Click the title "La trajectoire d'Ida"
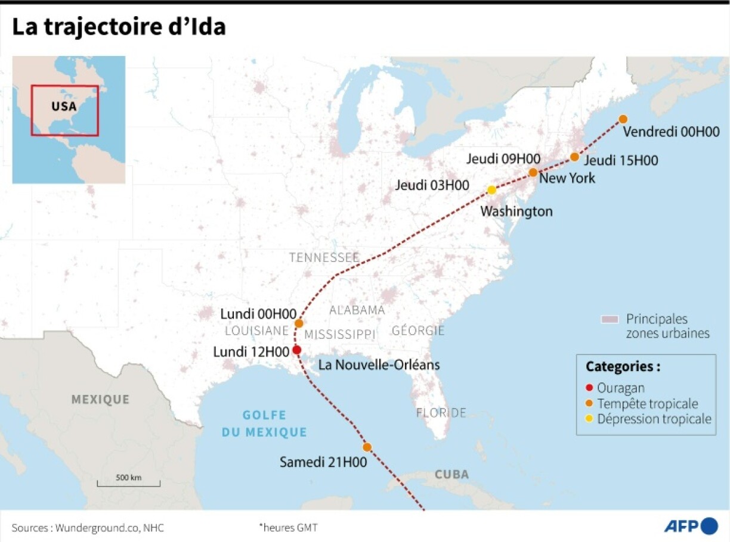pos(119,27)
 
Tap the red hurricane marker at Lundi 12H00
pos(296,350)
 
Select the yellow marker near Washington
pos(491,190)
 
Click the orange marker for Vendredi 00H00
pos(623,119)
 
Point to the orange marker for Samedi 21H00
pos(367,447)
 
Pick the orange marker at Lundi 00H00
pos(299,323)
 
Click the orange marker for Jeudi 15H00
pos(574,157)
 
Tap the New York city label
pos(567,178)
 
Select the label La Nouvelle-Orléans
pos(379,365)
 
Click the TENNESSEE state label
pos(324,257)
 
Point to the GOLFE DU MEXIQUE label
pos(264,423)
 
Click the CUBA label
pos(451,475)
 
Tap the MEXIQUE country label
pos(100,399)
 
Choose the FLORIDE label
pos(441,412)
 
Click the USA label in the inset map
pos(64,107)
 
